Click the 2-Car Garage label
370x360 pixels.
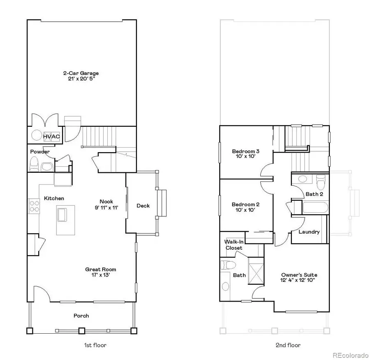click(81, 73)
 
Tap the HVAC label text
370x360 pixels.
click(52, 136)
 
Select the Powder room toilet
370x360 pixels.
click(34, 165)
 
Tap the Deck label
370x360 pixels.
click(143, 206)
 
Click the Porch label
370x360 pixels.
click(81, 316)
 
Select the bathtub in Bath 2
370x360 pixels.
click(314, 207)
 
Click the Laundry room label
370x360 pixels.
click(309, 232)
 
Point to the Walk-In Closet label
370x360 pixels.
click(233, 245)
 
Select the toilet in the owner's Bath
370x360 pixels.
click(227, 265)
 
